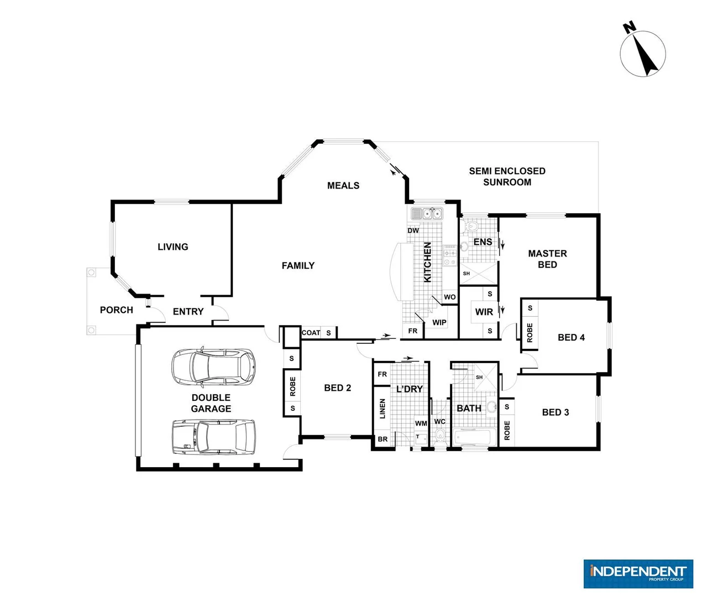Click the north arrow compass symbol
642,53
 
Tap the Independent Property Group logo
638,573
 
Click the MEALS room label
343,186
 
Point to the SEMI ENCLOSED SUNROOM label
507,176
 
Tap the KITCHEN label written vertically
427,262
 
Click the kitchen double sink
432,213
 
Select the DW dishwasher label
413,231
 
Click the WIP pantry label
439,322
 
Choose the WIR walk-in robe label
484,312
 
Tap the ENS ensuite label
483,242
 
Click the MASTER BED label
547,259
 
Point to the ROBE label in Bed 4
530,333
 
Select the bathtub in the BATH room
472,438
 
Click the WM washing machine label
421,423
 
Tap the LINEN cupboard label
383,409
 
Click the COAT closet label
311,333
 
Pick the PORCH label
116,310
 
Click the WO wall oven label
450,297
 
